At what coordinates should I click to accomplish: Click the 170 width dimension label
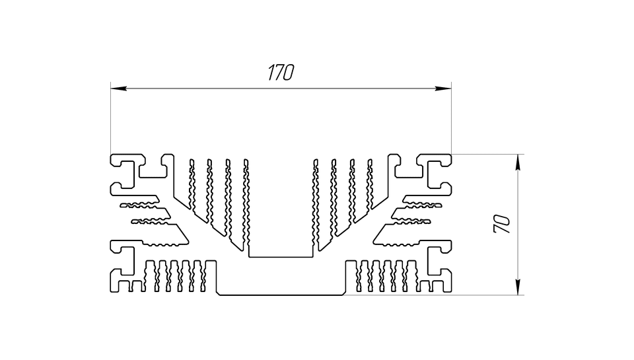pos(281,73)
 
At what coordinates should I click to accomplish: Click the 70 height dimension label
pos(502,224)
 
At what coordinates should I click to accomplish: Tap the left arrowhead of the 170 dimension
pos(118,88)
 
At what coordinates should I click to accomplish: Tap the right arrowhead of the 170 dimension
pos(443,88)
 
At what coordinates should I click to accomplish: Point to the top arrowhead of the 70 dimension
pos(518,162)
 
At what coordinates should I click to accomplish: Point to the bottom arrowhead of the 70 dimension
pos(518,287)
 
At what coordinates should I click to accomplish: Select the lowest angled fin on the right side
pos(397,234)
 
